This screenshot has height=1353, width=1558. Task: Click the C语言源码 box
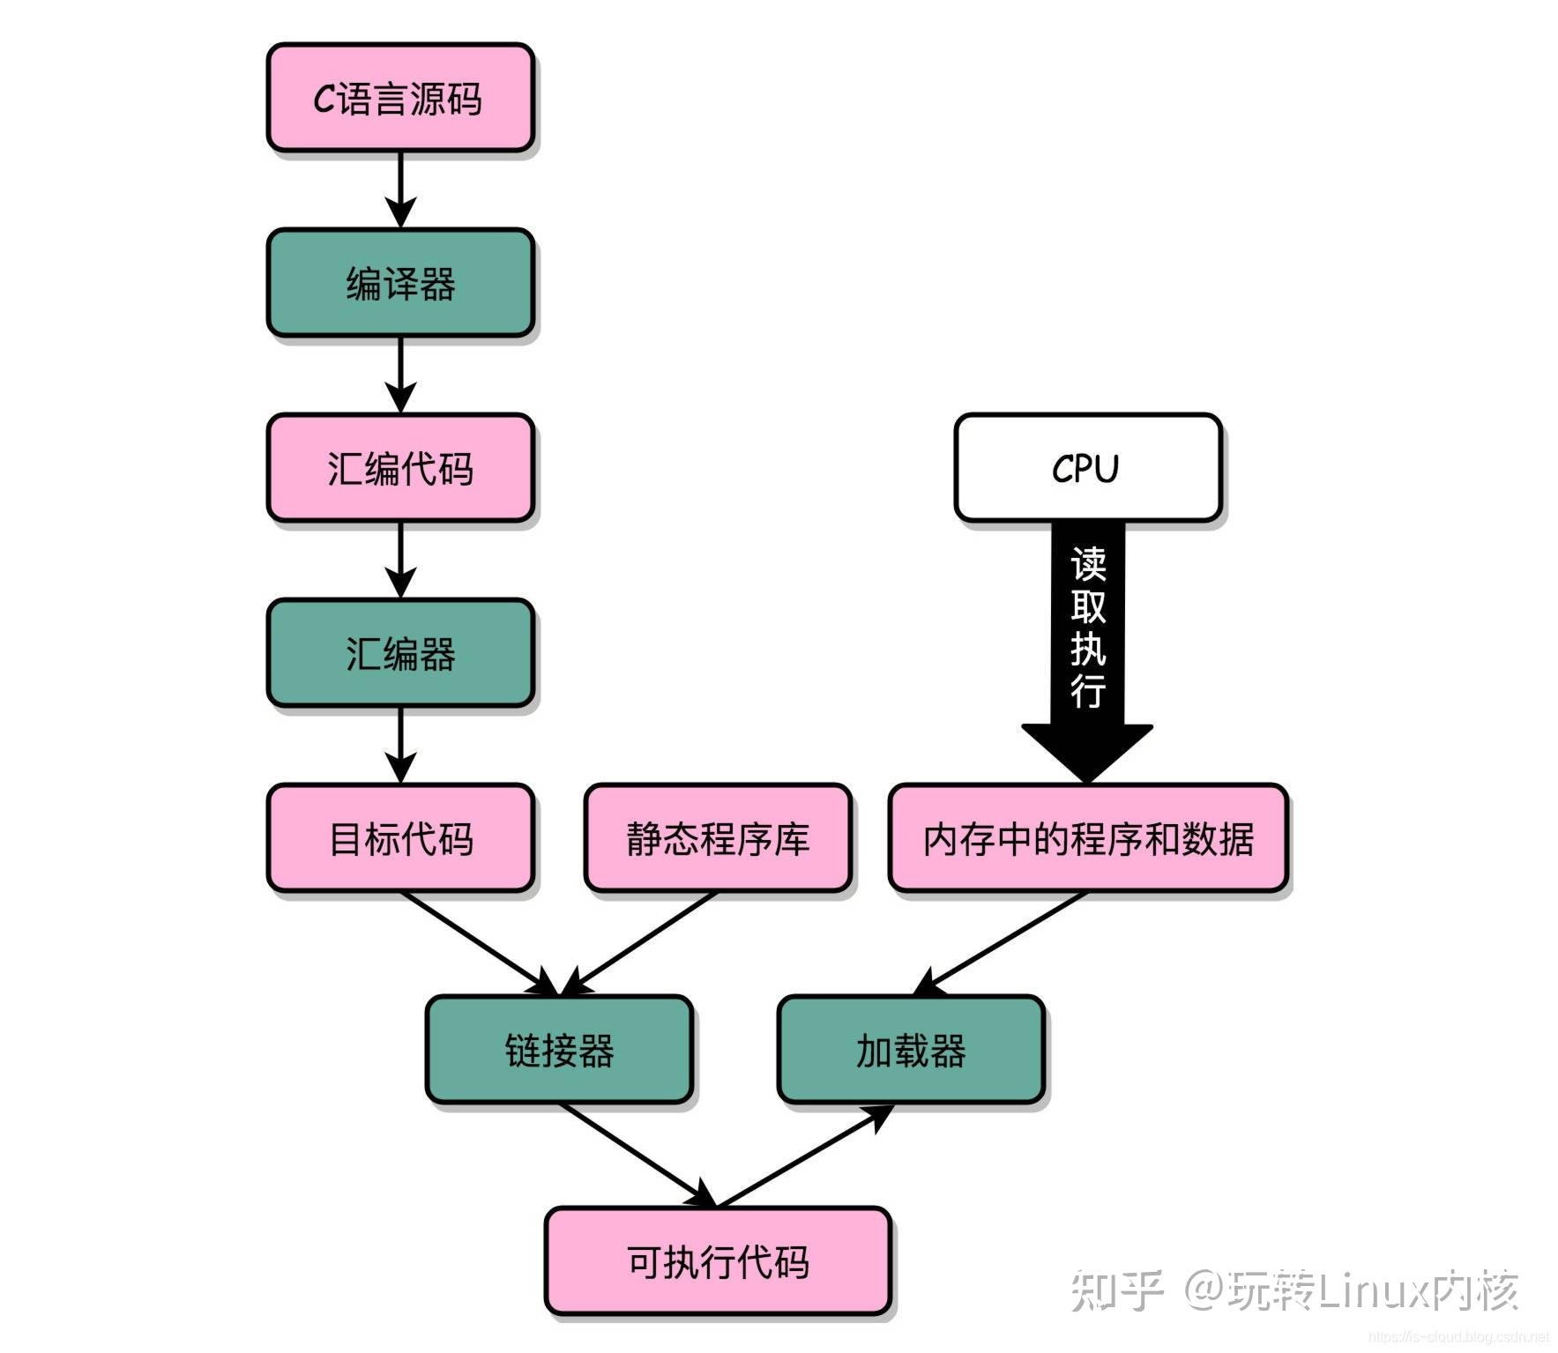[399, 98]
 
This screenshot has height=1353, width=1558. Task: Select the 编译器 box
[399, 283]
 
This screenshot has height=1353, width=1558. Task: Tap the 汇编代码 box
[399, 468]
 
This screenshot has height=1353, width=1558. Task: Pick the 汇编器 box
[399, 653]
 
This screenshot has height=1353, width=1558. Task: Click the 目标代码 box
[399, 838]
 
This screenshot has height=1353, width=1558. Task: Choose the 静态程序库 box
[717, 838]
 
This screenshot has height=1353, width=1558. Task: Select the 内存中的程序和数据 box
[1087, 838]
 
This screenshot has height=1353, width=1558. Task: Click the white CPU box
[1086, 468]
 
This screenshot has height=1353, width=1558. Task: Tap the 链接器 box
[558, 1050]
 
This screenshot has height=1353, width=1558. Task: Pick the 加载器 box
[910, 1050]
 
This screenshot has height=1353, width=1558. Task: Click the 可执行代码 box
[717, 1261]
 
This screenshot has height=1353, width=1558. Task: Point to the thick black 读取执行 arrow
[1087, 635]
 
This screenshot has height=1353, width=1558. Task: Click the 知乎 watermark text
[1116, 1290]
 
